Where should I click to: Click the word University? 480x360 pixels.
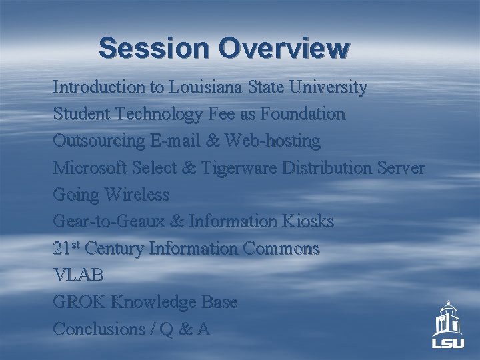[x=327, y=87]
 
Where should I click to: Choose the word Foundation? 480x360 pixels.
[x=303, y=115]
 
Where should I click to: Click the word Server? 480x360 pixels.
[x=401, y=168]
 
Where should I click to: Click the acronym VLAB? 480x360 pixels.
[x=78, y=275]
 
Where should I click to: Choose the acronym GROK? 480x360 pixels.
[x=79, y=302]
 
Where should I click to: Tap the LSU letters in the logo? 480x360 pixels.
[x=447, y=344]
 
